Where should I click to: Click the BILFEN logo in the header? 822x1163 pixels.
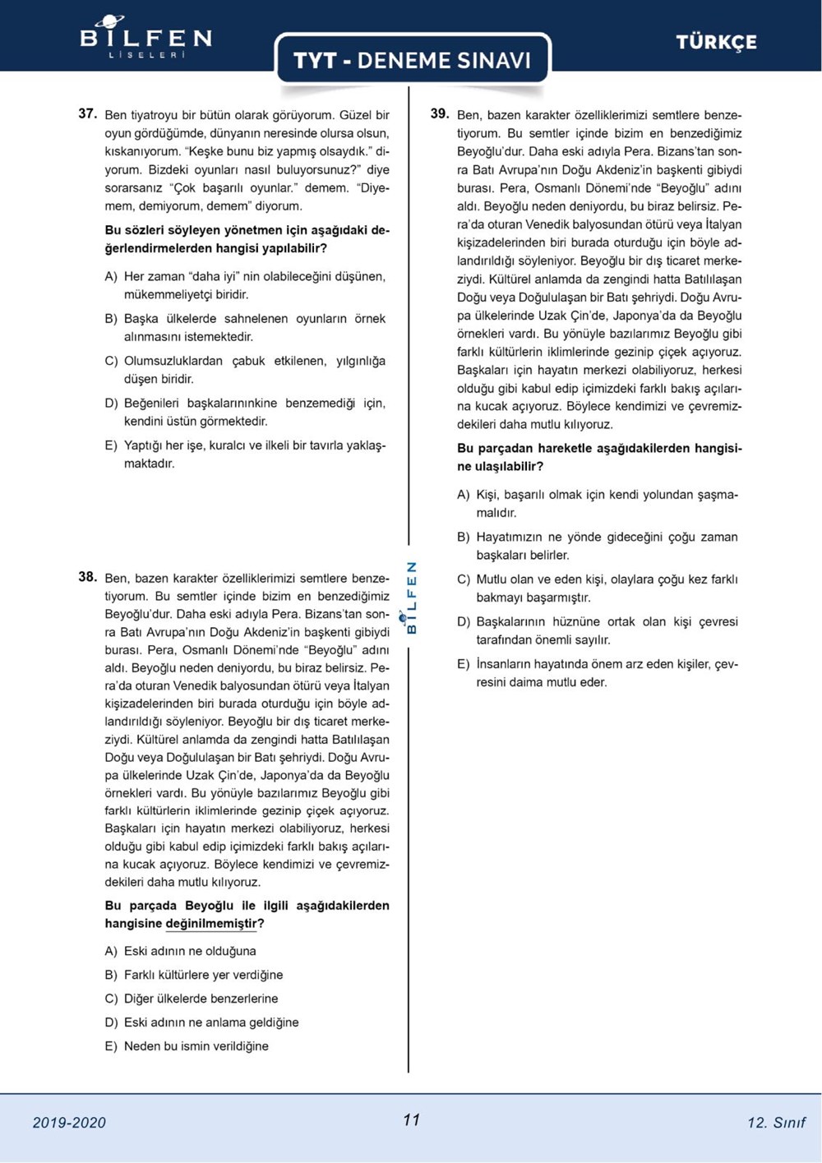145,38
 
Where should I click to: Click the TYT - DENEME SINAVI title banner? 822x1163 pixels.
412,61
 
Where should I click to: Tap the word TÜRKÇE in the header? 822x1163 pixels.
716,43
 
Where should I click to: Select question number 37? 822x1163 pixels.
88,114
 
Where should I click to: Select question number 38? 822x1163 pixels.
88,577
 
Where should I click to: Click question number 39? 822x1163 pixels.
440,114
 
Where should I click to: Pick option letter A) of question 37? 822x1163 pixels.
111,277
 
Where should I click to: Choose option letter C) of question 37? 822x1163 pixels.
111,362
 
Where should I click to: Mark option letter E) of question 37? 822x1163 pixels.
111,446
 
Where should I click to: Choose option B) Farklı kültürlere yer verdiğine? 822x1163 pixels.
203,976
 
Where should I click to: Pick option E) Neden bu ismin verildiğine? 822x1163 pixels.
196,1046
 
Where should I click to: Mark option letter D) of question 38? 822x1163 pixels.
111,1023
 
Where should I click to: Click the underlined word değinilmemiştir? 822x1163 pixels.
211,924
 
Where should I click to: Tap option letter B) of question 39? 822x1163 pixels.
464,538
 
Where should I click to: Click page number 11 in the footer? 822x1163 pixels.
412,1120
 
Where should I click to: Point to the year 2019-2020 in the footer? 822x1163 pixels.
69,1123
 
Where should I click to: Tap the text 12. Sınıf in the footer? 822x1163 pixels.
776,1123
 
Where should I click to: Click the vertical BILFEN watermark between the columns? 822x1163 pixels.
412,598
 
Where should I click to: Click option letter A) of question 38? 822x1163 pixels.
111,952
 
